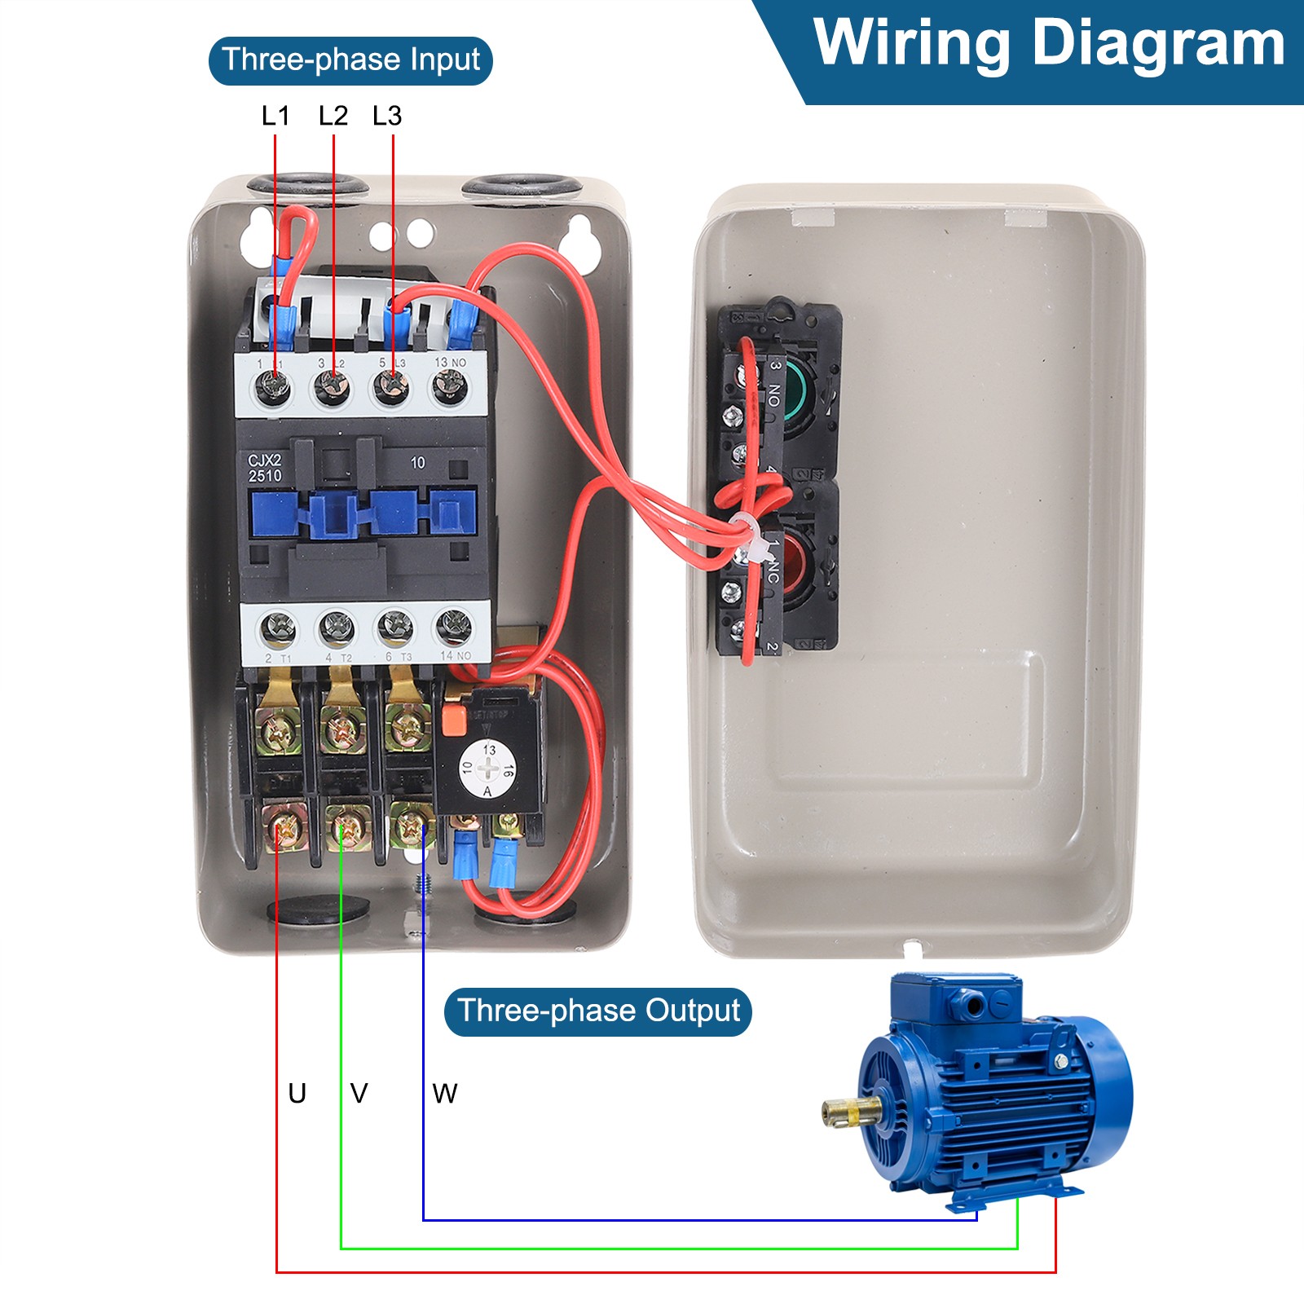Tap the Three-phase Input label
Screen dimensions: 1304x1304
(x=350, y=60)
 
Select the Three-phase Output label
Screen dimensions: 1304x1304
(x=597, y=1011)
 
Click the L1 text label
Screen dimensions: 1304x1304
(x=275, y=116)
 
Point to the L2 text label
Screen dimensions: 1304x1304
(x=333, y=116)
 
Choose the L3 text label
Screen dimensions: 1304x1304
(x=387, y=116)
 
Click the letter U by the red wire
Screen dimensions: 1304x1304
(x=297, y=1093)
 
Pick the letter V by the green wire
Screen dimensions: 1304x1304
(x=359, y=1093)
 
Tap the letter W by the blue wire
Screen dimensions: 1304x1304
(x=445, y=1093)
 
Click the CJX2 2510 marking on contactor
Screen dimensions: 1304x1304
(x=265, y=468)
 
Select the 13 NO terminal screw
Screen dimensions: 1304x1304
(x=449, y=386)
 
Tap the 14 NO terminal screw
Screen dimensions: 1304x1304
(x=453, y=628)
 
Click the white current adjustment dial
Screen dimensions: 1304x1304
(x=487, y=769)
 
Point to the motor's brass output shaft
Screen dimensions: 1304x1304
(x=848, y=1110)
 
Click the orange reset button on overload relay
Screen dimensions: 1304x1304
(x=452, y=720)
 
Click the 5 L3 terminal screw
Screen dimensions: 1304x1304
(x=390, y=386)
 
